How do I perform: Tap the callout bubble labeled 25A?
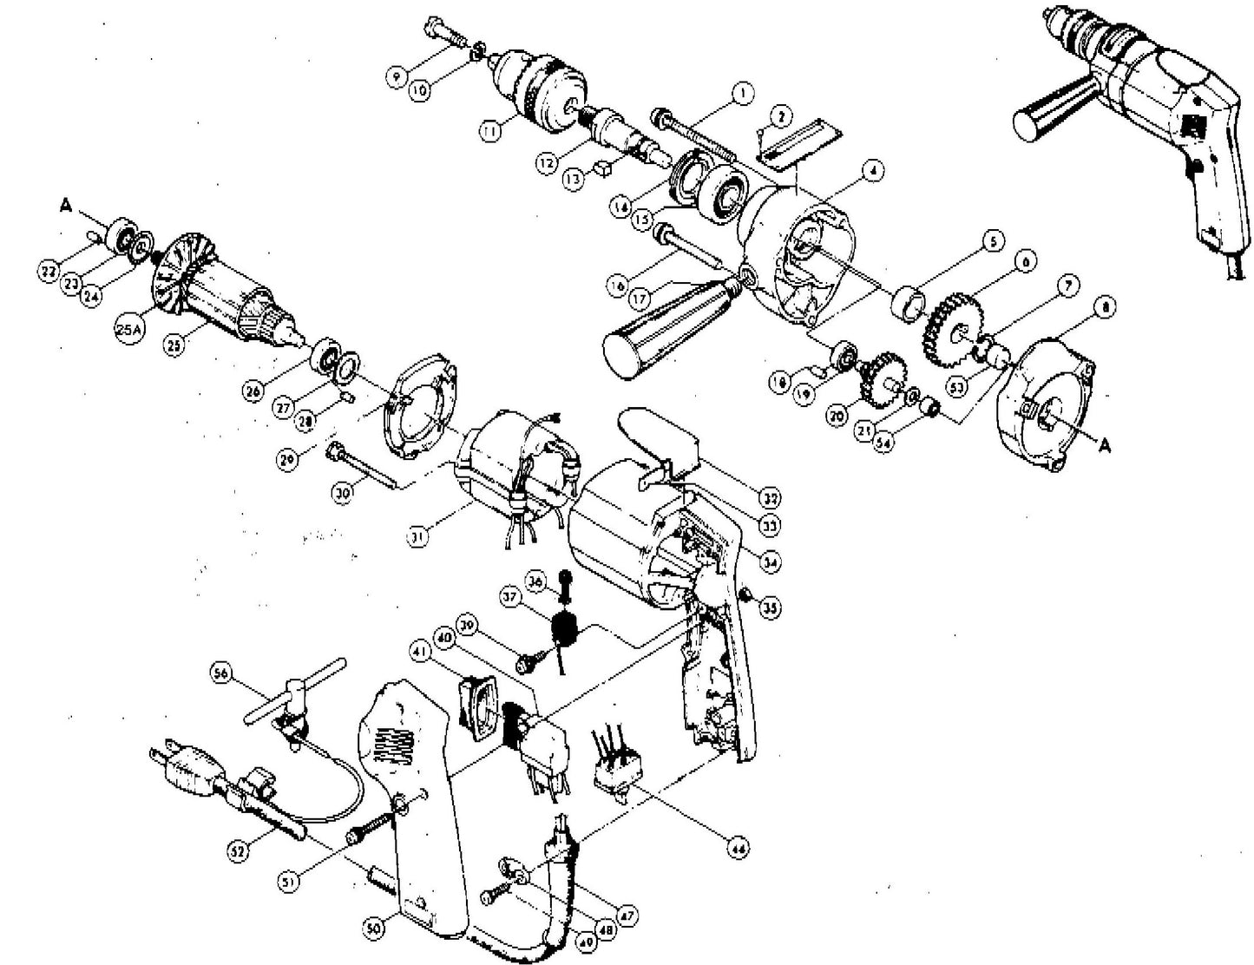(128, 332)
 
